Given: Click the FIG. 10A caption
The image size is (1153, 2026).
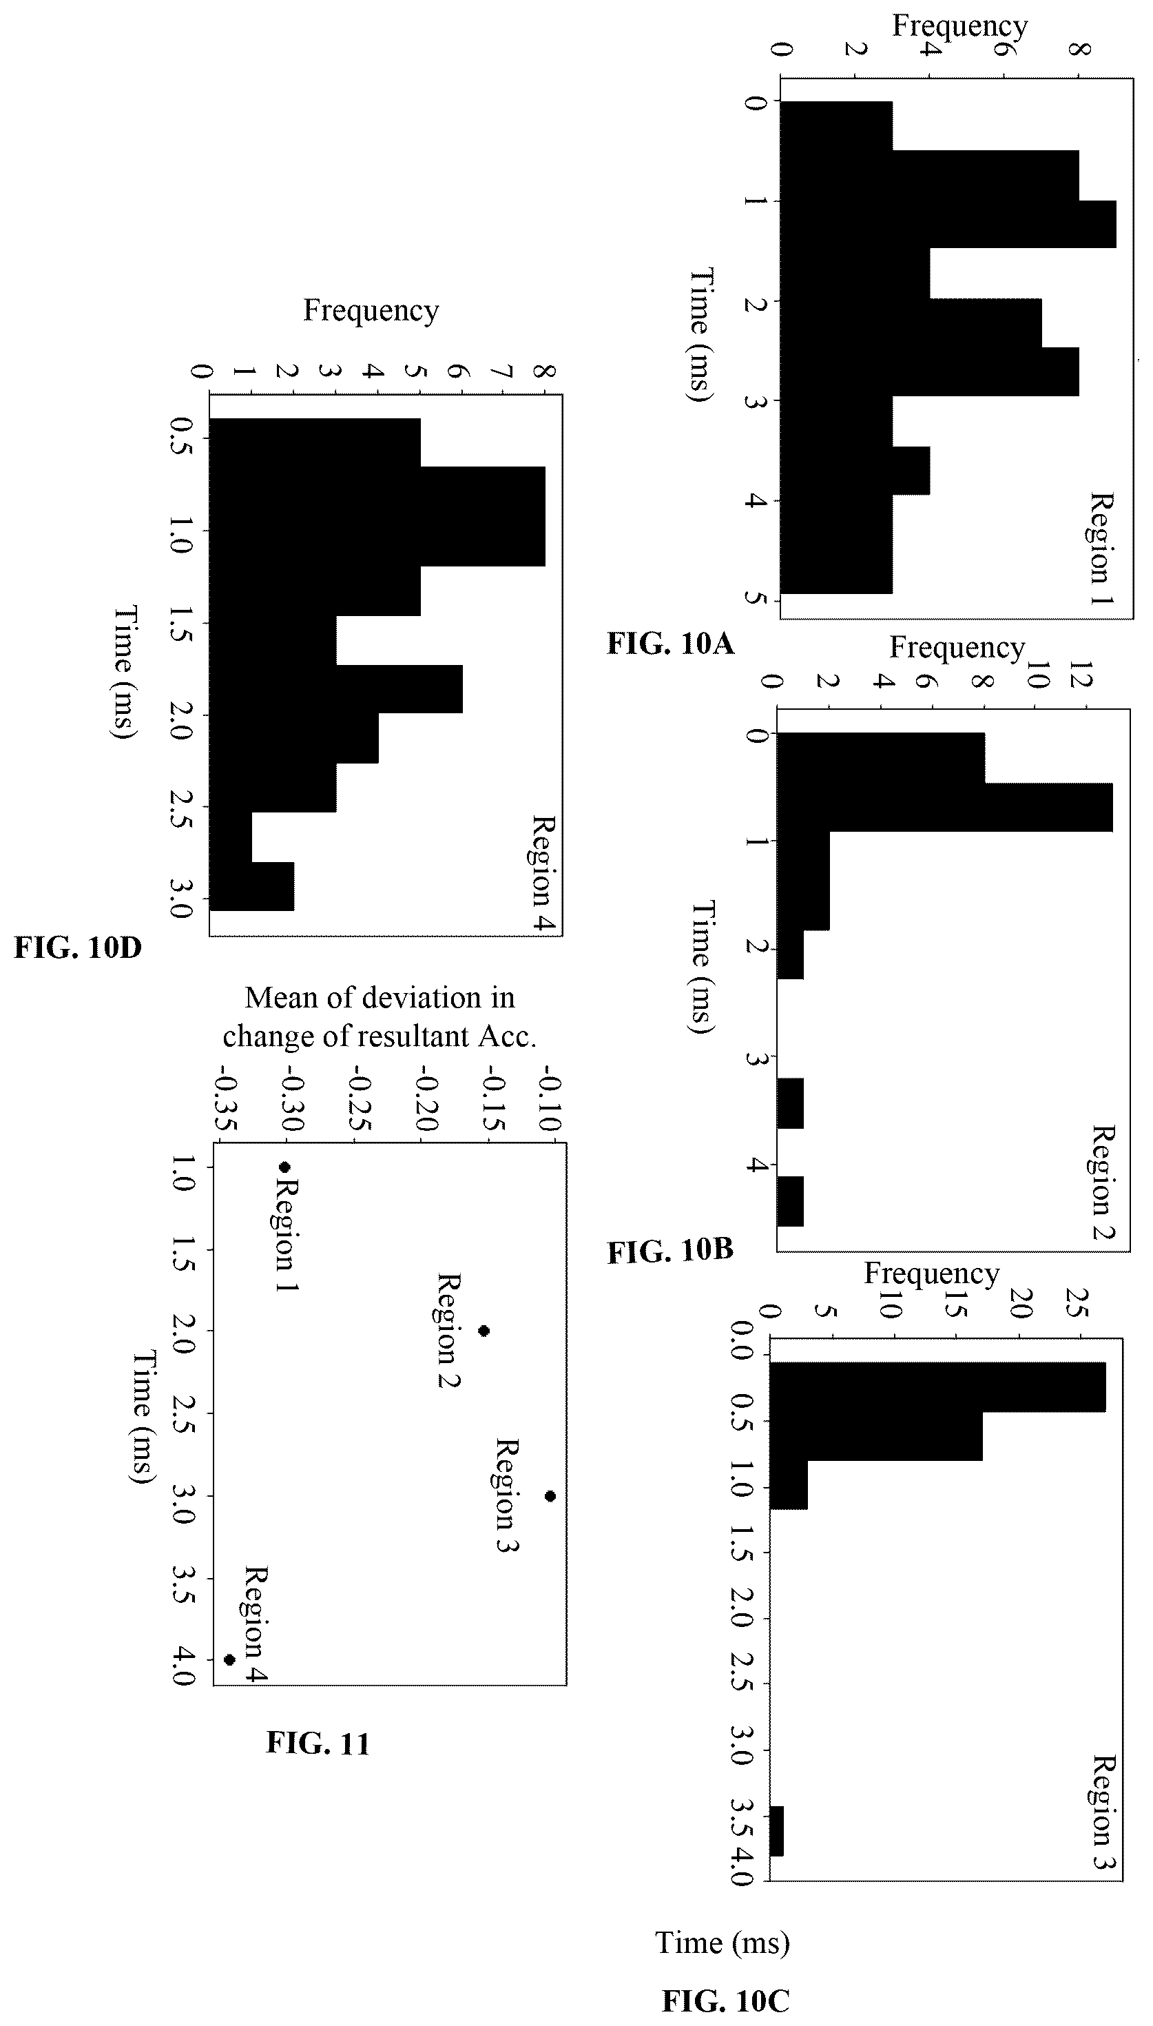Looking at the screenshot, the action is [671, 643].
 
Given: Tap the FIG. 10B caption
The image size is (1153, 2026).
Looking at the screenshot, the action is [671, 1251].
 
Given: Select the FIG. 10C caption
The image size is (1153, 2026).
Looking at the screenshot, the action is [725, 2001].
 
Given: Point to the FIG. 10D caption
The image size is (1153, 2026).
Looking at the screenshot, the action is [78, 948].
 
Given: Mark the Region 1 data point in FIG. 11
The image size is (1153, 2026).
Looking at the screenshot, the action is [284, 1167].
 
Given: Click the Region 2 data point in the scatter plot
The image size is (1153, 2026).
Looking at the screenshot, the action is [484, 1331].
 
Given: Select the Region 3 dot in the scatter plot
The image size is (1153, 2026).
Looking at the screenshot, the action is [550, 1496].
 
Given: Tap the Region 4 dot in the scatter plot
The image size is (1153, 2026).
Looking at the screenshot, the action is [229, 1660].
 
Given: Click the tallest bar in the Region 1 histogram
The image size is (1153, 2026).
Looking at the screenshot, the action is [948, 224].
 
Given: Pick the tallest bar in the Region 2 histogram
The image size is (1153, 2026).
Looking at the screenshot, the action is [945, 807].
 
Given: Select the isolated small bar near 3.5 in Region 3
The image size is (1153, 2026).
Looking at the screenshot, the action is [776, 1830].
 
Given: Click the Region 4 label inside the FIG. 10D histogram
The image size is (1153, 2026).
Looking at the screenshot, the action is [543, 873].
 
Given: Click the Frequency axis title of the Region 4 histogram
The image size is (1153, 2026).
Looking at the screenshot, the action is [371, 309].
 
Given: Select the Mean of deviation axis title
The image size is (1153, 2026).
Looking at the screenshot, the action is [380, 1016].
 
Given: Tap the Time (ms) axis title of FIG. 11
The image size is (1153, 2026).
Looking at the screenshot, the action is [141, 1417].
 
